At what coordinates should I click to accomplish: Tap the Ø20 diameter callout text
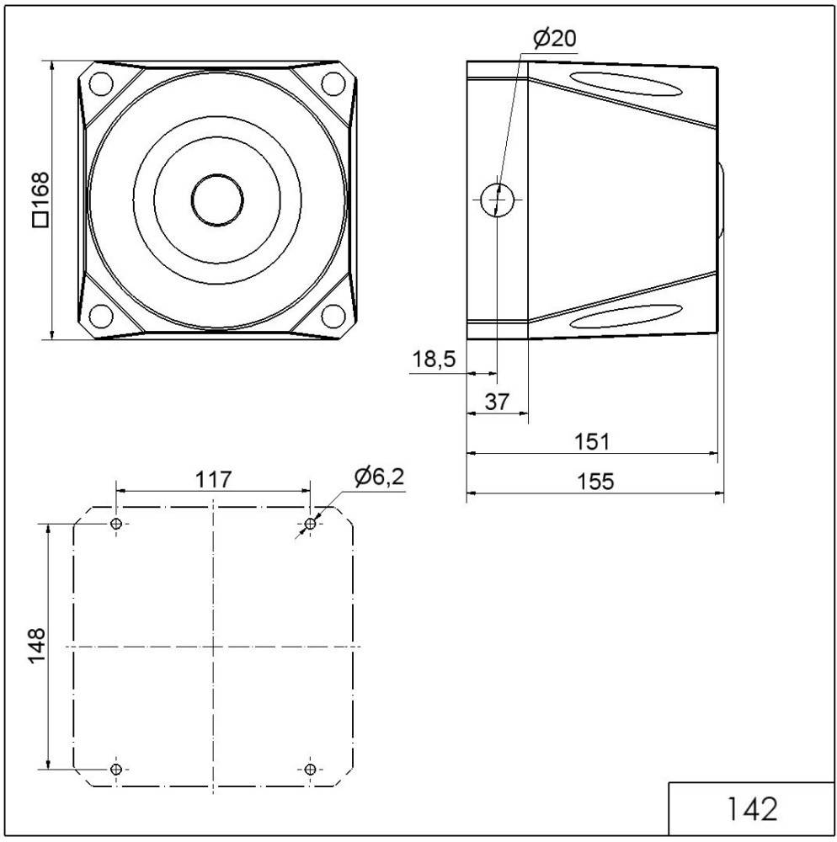555,38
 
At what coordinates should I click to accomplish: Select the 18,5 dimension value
434,360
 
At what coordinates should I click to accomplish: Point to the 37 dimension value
498,402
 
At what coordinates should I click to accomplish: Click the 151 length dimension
591,441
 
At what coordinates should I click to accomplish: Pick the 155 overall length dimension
594,482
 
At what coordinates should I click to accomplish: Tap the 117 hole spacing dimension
213,479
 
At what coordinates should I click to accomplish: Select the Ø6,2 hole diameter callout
379,477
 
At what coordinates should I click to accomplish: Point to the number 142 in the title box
751,809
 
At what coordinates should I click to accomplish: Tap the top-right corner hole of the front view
334,84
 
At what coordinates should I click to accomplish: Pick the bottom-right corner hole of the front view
334,315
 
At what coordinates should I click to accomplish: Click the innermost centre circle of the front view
217,200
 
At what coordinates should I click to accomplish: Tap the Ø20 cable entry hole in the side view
497,200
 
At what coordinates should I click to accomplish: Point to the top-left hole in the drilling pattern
116,525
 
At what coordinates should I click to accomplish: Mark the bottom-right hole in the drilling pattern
311,769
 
